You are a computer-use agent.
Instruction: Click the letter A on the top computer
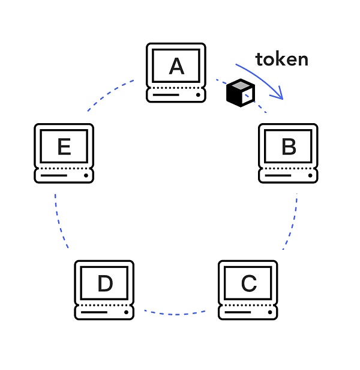tap(176, 65)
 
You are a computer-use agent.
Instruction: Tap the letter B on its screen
tap(289, 147)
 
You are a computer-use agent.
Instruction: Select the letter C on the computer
tap(248, 283)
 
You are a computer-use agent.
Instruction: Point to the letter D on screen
tap(104, 283)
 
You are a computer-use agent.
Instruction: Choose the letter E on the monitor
tap(64, 147)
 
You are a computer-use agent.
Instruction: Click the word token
tap(281, 59)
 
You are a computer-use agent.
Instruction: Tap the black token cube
tap(240, 93)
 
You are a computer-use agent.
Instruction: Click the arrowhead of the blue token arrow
tap(278, 94)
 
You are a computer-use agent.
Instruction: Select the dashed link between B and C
tap(292, 222)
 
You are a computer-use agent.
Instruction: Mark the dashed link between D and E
tap(59, 222)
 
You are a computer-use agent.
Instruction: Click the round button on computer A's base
tap(197, 95)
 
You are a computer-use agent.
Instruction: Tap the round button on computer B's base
tap(310, 176)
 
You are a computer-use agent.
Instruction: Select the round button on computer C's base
tap(269, 312)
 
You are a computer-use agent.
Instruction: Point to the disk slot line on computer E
tap(53, 176)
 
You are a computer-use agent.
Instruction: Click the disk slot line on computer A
tap(166, 95)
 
